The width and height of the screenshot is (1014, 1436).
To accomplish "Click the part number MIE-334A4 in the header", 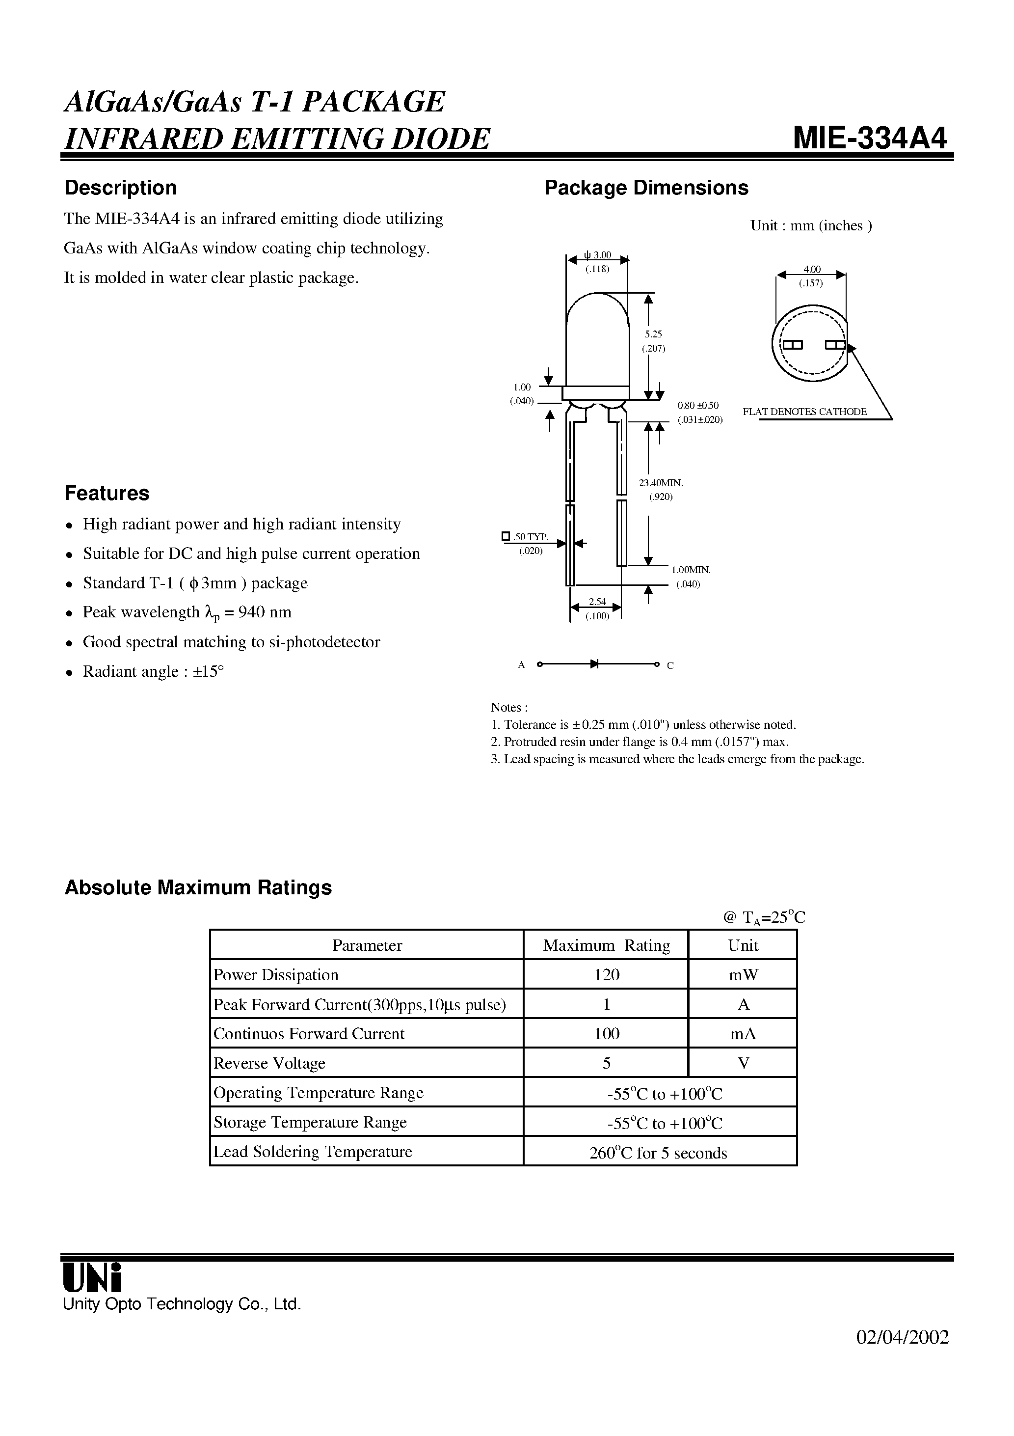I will [x=870, y=138].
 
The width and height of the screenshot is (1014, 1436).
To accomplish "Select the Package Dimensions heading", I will [x=646, y=188].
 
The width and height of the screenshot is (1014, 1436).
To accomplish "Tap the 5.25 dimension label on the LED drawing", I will [x=653, y=334].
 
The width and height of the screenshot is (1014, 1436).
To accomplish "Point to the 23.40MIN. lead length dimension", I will [x=661, y=483].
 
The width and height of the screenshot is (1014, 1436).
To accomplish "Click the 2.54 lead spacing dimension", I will [x=597, y=602].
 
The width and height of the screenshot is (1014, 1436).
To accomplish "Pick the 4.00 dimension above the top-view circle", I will [x=811, y=270].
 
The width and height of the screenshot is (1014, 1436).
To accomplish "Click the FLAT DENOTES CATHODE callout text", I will [x=804, y=412].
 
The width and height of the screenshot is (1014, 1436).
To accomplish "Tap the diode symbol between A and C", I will [x=594, y=664].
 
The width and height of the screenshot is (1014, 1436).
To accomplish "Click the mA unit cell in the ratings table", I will [x=743, y=1034].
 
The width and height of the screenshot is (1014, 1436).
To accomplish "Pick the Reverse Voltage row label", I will [x=269, y=1063].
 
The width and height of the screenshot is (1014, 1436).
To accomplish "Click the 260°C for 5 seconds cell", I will [x=658, y=1153].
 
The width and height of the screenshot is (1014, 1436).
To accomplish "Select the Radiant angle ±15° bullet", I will [x=153, y=671].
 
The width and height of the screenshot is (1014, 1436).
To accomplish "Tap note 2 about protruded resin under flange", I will [x=640, y=742].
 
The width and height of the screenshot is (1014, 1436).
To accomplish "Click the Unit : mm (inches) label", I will [x=811, y=226].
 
